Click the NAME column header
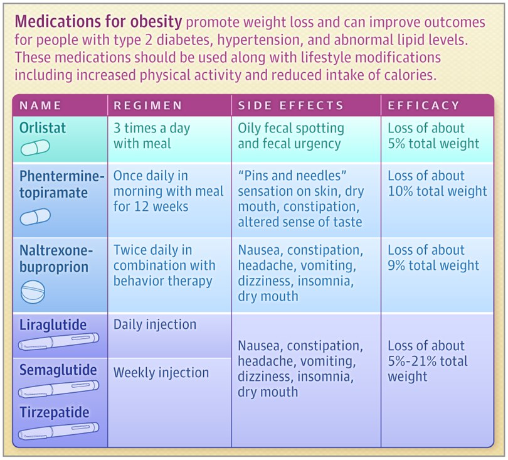40,105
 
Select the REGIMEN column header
148,105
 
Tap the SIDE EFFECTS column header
290,105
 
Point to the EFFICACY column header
424,105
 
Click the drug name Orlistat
43,128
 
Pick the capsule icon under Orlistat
35,147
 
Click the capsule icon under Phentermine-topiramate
35,217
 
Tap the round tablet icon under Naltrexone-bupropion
33,292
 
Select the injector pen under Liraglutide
59,342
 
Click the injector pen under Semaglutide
59,388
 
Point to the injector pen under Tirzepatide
59,431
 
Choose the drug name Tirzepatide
54,412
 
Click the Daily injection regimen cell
155,324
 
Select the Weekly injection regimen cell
161,373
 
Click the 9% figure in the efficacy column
396,265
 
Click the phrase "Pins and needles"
292,176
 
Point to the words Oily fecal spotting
291,128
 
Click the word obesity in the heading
156,22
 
